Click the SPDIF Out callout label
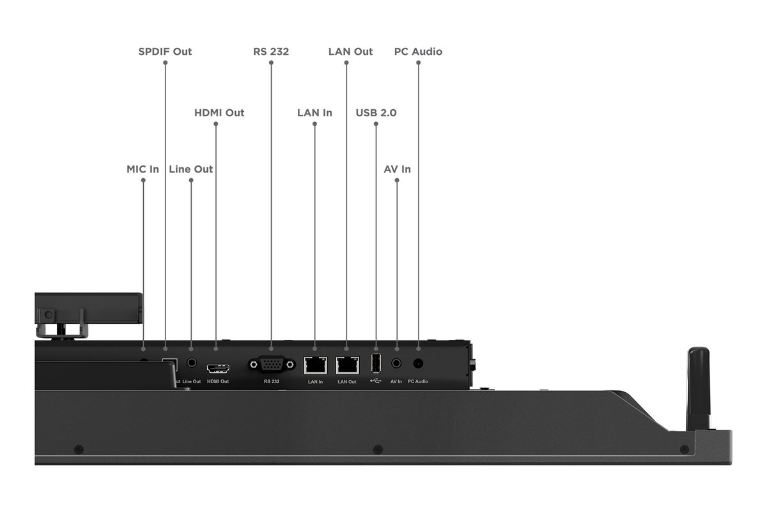165,52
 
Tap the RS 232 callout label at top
271,52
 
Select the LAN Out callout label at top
350,52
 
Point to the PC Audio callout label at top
418,52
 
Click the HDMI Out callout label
219,113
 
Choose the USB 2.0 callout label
376,113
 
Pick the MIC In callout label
143,169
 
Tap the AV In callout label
397,169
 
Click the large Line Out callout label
190,169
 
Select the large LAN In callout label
314,113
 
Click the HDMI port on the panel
218,369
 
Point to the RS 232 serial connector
272,365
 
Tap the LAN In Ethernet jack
315,365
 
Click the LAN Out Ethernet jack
347,365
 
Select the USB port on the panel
376,363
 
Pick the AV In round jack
396,363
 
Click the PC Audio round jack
418,363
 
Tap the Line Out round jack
192,362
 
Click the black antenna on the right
699,389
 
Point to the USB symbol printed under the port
376,381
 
